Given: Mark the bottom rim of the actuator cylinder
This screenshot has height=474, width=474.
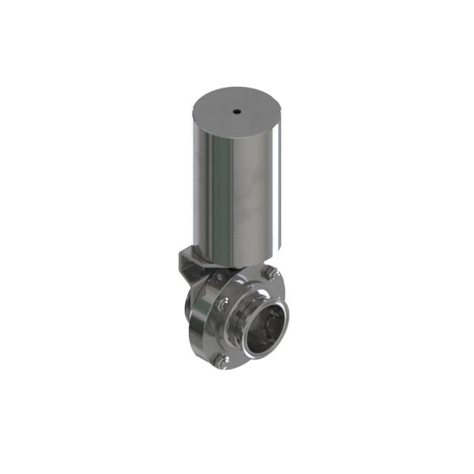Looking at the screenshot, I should coord(237,261).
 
